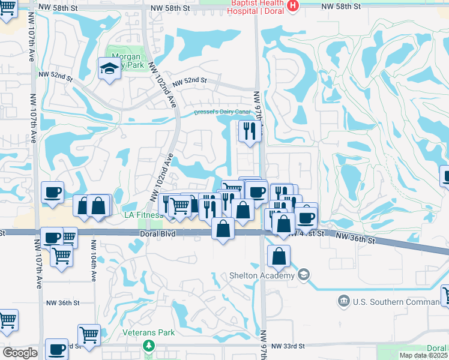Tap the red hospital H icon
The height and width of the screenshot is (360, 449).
click(292, 6)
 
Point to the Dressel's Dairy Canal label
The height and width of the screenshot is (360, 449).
click(221, 112)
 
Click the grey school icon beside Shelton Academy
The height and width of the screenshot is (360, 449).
click(304, 275)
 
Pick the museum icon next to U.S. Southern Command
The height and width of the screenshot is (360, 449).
click(344, 300)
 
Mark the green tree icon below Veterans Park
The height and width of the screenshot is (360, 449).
click(149, 346)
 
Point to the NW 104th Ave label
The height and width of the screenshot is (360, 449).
click(94, 263)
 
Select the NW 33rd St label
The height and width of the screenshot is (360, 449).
click(288, 346)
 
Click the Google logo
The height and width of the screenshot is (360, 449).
click(20, 353)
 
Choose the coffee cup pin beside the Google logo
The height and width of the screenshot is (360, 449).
click(57, 349)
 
